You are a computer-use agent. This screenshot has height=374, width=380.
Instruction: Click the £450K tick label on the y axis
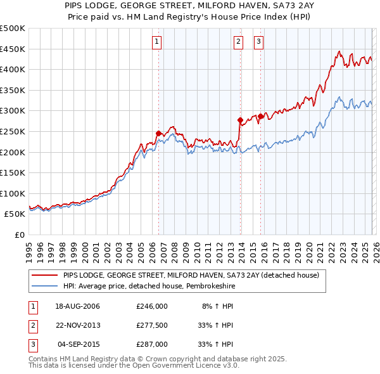point(13,49)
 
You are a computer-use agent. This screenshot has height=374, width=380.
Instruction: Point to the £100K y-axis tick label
point(13,193)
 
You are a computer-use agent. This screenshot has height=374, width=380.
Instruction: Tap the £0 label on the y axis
point(19,235)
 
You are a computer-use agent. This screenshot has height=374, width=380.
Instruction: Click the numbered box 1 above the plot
point(156,42)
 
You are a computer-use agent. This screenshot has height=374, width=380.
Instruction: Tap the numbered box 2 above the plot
point(238,42)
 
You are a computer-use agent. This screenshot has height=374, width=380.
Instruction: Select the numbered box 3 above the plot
point(258,42)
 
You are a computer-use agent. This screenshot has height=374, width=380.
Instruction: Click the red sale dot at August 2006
point(158,133)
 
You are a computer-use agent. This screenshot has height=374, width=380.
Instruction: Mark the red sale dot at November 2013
point(240,120)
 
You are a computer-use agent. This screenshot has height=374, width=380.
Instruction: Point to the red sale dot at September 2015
point(260,116)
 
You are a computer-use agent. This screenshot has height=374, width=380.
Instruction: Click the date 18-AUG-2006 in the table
point(78,306)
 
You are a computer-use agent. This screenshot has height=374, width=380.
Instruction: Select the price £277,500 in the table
point(152,325)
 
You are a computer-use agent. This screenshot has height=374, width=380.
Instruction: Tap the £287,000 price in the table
point(152,344)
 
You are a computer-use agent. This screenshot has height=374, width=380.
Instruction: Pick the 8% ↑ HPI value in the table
point(217,306)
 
